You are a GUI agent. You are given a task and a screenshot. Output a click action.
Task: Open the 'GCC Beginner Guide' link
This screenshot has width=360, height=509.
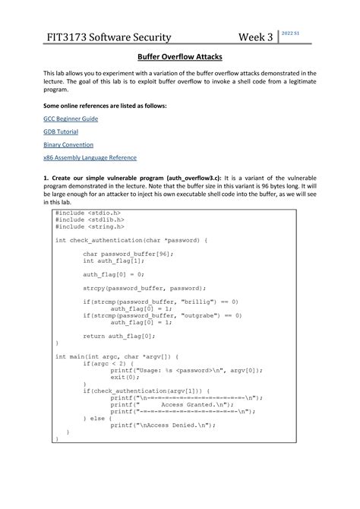pyautogui.click(x=70, y=119)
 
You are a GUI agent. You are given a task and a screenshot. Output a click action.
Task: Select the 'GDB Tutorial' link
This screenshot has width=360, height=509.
pyautogui.click(x=60, y=131)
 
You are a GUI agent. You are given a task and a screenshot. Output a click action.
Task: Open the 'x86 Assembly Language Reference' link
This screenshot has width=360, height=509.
pyautogui.click(x=89, y=157)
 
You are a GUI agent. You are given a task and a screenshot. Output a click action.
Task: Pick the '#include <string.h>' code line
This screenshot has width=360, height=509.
pyautogui.click(x=89, y=226)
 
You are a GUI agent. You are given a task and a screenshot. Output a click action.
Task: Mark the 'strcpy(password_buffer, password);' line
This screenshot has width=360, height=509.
pyautogui.click(x=144, y=289)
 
